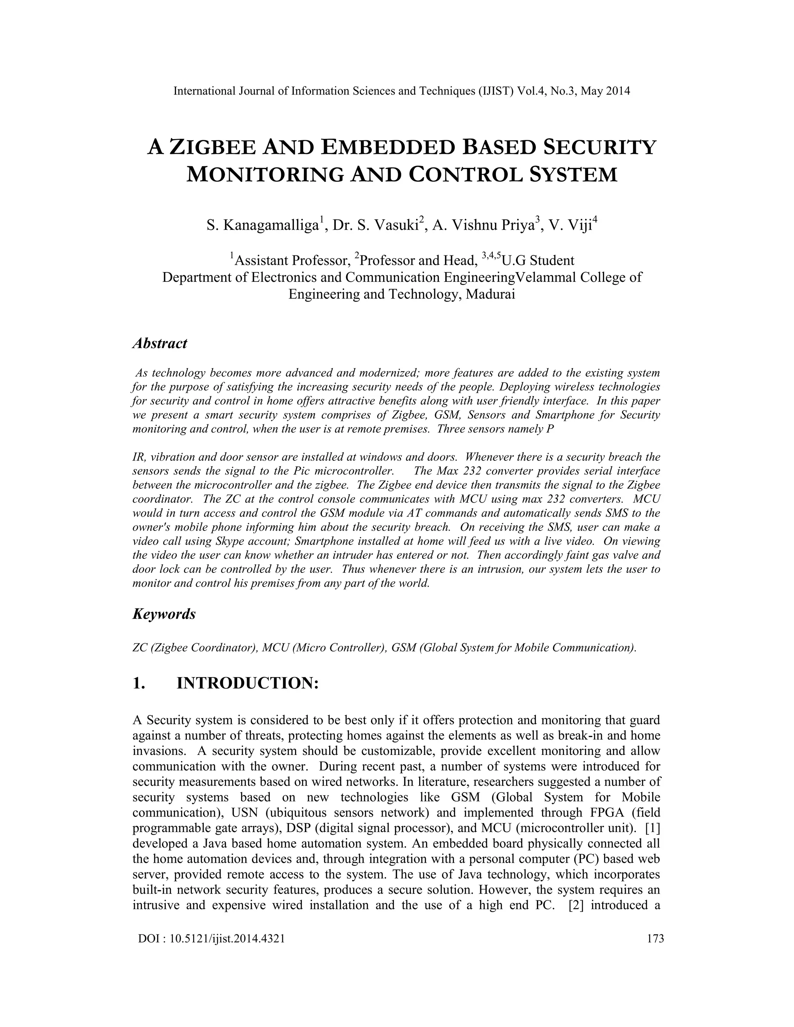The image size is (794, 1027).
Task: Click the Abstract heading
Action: click(160, 343)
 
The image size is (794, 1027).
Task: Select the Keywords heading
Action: click(164, 614)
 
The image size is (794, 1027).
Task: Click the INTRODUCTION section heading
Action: click(247, 683)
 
